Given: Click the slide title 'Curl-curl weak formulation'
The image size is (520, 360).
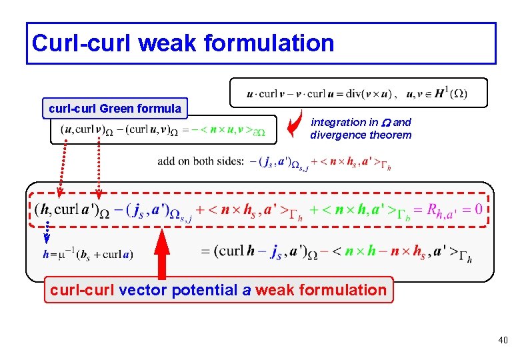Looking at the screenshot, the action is pos(183,43).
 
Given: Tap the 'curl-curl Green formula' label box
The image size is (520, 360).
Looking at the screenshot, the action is pos(115,108).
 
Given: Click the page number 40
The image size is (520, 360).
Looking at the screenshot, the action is pos(502,341).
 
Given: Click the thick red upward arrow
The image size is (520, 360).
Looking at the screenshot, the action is pos(161,253).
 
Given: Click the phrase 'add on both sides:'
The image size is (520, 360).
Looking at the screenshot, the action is pos(201,161).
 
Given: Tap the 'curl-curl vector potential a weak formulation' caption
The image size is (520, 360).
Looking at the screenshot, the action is pos(219,290).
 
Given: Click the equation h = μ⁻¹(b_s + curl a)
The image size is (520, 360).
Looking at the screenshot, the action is pos(87,254).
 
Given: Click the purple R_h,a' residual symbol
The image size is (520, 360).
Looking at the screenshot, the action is pos(441,211).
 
